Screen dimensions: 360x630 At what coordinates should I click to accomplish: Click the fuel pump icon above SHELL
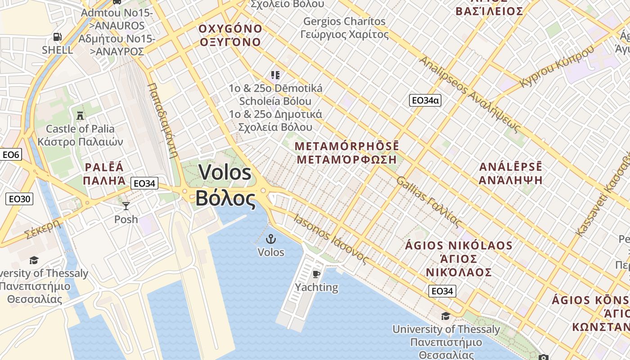(x=57, y=37)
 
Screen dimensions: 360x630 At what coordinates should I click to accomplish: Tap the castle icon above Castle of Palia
(x=80, y=115)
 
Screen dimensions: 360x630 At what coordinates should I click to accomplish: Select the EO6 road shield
(x=11, y=155)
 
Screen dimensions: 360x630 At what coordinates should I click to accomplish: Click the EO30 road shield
(x=19, y=198)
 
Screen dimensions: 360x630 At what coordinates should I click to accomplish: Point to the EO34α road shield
(x=425, y=100)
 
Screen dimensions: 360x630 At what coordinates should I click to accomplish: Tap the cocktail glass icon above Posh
(x=126, y=206)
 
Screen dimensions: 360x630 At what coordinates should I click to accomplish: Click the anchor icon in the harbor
(x=271, y=239)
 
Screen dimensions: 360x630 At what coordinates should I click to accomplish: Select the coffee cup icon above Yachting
(x=316, y=274)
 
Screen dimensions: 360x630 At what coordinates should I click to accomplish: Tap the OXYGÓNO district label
(x=230, y=29)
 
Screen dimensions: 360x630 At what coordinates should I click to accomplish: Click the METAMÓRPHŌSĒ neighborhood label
(x=346, y=146)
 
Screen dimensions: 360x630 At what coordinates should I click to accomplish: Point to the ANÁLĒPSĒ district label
(x=511, y=167)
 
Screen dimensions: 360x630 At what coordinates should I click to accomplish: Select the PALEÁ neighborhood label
(x=104, y=167)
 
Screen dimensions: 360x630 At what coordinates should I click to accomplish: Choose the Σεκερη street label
(x=43, y=229)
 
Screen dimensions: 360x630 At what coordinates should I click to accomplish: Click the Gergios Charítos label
(x=344, y=21)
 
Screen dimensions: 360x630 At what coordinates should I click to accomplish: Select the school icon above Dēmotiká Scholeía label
(x=275, y=75)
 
